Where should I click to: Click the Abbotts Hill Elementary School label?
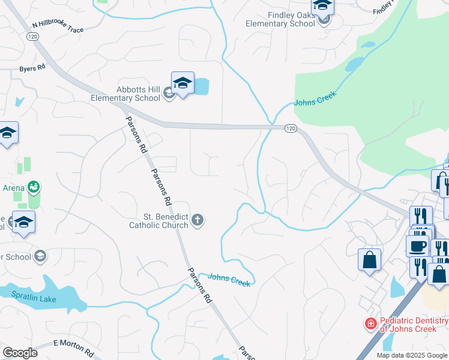(125, 94)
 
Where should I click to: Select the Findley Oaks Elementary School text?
(280, 20)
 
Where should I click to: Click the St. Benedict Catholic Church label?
(158, 221)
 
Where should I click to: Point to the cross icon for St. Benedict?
(197, 221)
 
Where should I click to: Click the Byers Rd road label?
(32, 68)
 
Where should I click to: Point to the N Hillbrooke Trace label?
(58, 26)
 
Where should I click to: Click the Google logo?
(20, 353)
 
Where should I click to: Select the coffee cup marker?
(418, 245)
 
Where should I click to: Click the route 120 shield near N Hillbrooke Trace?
(32, 37)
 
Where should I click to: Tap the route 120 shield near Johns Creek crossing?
(290, 128)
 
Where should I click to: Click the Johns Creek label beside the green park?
(315, 98)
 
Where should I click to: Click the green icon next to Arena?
(34, 187)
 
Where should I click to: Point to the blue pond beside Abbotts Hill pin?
(202, 87)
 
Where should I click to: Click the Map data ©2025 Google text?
(412, 355)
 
